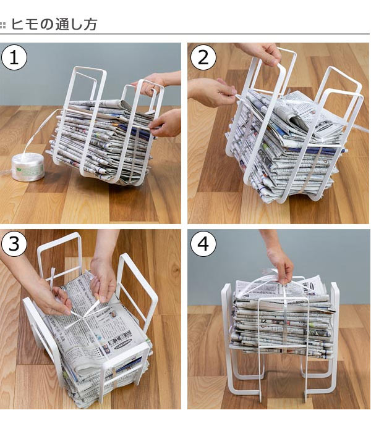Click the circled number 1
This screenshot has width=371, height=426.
coord(14,57)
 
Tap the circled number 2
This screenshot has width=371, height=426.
coord(203,57)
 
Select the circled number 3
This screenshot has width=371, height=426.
coord(14,244)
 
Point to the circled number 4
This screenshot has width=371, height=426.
coord(203,244)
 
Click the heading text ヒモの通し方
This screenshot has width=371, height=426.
coord(54,24)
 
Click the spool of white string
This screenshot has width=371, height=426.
coord(27,167)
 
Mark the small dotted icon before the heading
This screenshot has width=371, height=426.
coord(2,25)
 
